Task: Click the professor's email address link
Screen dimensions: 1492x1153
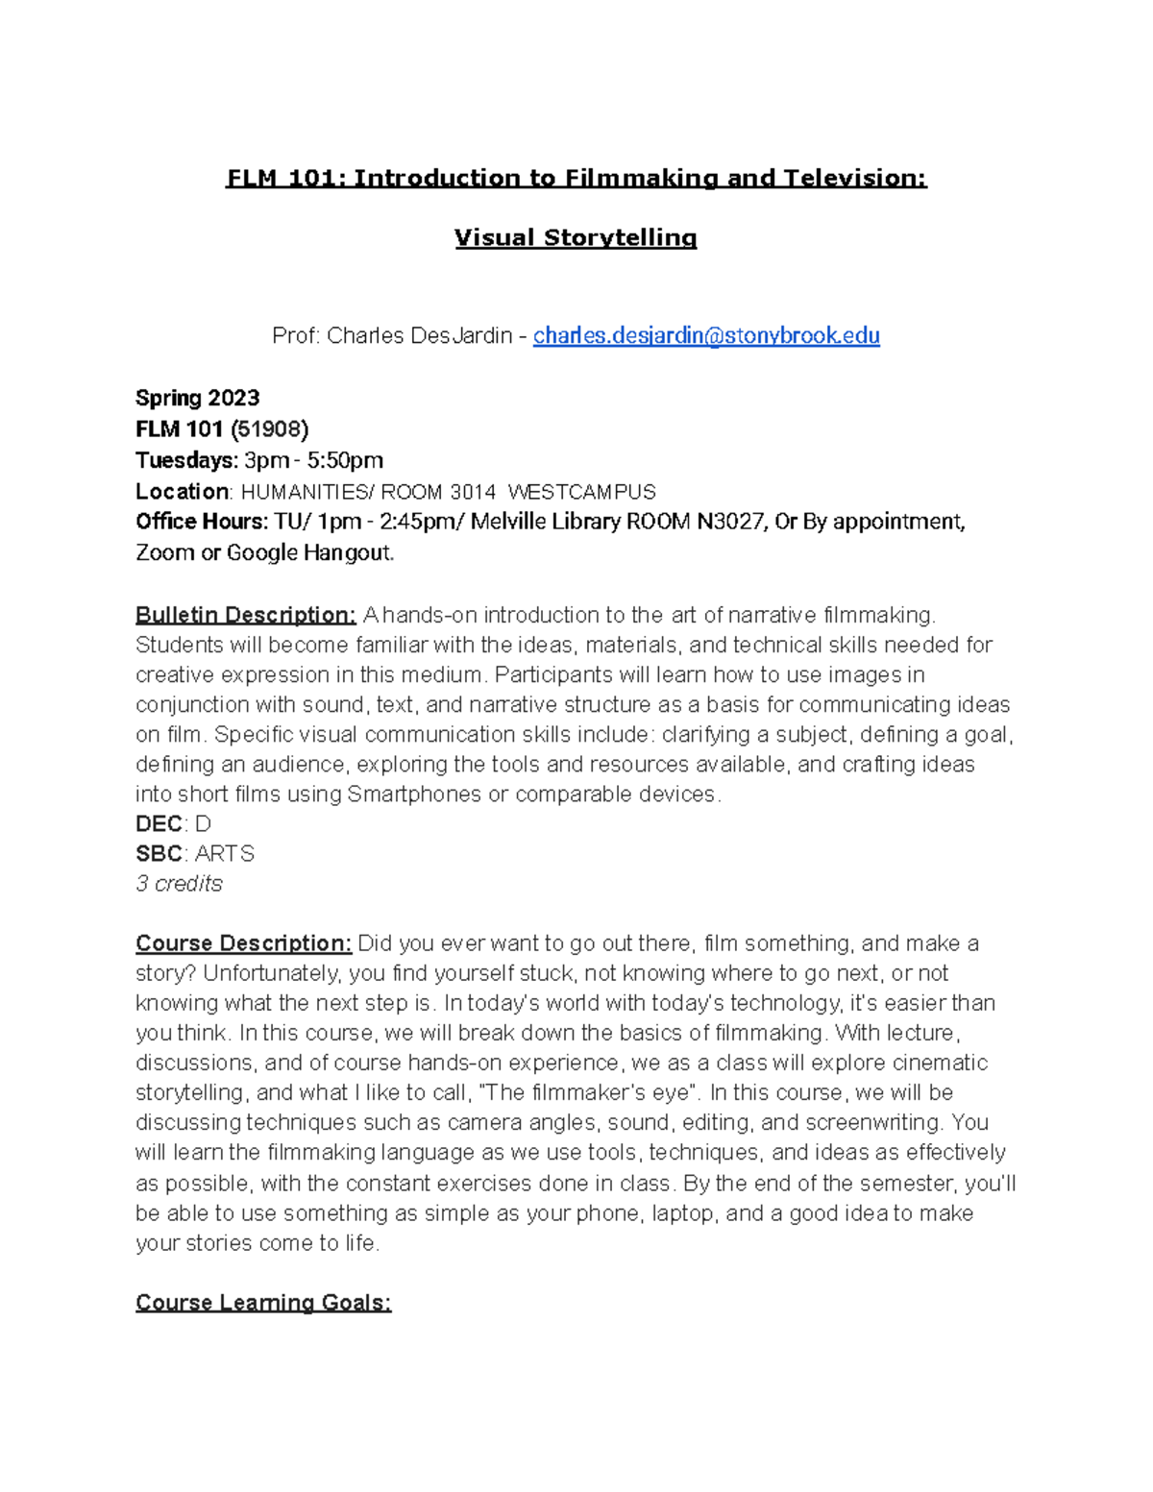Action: (x=706, y=335)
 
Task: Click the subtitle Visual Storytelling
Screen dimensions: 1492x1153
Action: (x=576, y=237)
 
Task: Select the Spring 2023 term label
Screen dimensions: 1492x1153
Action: (x=198, y=398)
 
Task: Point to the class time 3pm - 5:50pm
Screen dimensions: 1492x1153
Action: (x=314, y=460)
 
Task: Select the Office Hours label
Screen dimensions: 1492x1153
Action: (x=201, y=522)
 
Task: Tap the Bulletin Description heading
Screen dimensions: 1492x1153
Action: (x=246, y=615)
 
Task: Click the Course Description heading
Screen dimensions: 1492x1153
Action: (x=244, y=943)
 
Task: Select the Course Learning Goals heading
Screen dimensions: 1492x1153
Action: (x=263, y=1303)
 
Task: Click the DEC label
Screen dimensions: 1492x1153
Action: (x=159, y=824)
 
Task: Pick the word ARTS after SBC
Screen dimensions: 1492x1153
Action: (x=225, y=854)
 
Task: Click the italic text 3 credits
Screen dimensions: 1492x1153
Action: (x=180, y=884)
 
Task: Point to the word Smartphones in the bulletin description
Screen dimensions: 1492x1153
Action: (x=414, y=795)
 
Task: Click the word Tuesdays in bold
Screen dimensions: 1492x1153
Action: (x=186, y=460)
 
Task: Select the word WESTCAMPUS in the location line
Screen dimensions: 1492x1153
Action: (x=581, y=492)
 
